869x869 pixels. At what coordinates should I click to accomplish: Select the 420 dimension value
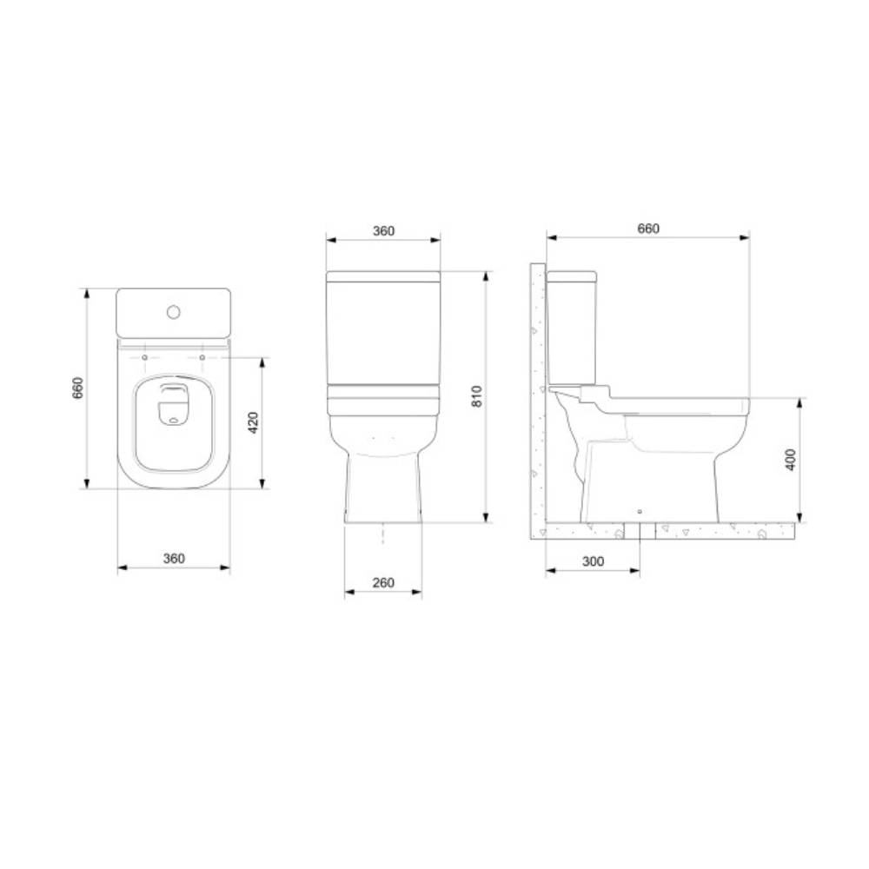pos(252,423)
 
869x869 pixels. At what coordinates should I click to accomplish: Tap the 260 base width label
pos(383,582)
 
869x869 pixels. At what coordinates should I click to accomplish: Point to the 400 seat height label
pos(790,460)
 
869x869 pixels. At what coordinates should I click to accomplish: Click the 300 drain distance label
pos(593,561)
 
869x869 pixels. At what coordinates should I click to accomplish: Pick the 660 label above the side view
pos(648,229)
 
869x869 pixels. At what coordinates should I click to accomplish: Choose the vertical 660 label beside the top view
pos(77,388)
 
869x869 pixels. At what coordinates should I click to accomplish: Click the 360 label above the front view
pos(383,231)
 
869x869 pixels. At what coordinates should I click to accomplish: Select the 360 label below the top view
pos(174,559)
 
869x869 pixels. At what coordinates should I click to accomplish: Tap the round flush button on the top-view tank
pos(173,311)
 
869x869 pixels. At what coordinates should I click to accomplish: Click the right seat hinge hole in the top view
pos(202,356)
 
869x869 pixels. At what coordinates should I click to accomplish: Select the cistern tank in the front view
pos(383,330)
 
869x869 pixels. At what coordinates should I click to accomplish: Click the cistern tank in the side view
pos(571,330)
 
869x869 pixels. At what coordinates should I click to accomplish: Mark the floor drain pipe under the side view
pos(640,531)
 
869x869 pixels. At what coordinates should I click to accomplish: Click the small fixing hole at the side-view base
pos(640,512)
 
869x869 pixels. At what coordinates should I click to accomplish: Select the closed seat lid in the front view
pos(383,401)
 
